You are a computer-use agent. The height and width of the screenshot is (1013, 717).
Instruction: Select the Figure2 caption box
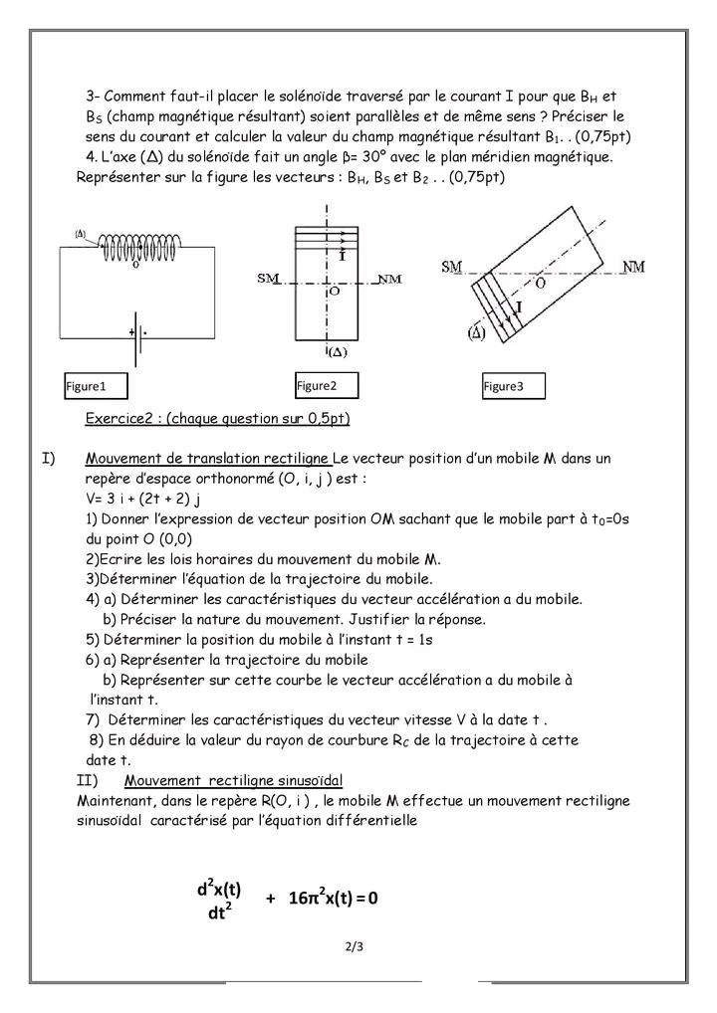[x=326, y=385]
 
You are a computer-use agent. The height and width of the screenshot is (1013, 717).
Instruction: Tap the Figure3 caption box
[x=513, y=386]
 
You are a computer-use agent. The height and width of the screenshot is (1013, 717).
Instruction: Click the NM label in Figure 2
[x=389, y=280]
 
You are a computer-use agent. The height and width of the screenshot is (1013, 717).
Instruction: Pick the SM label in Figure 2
[x=268, y=279]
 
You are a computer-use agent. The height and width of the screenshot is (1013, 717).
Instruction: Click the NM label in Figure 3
[x=631, y=266]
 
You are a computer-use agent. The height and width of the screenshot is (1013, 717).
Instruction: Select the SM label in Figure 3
[x=452, y=266]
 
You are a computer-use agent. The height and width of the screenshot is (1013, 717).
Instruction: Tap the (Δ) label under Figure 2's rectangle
[x=337, y=351]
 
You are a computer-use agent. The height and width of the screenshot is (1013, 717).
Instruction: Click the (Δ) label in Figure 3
[x=475, y=333]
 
